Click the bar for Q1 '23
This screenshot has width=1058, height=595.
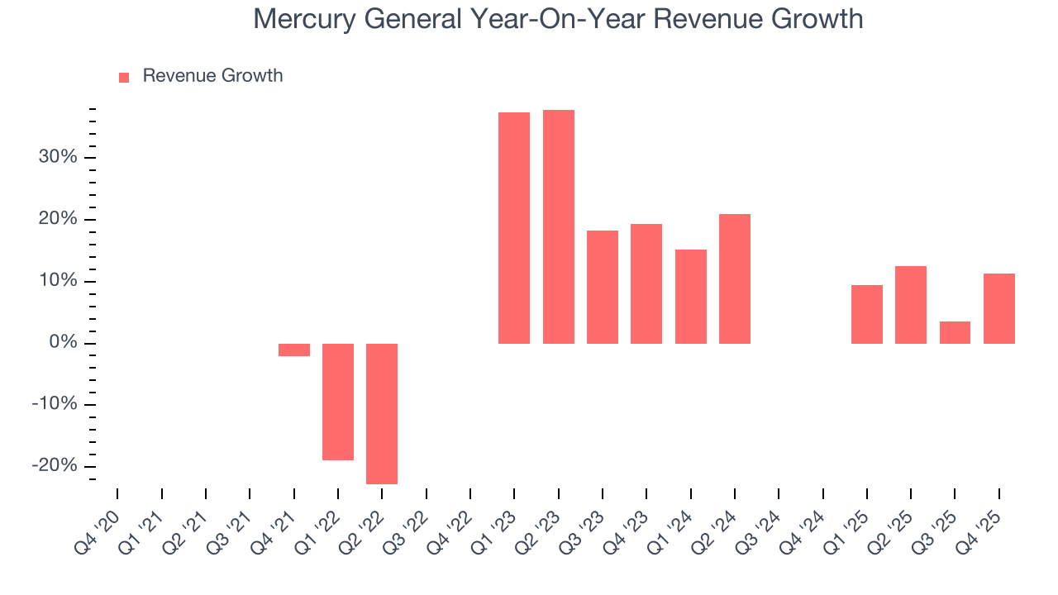(514, 227)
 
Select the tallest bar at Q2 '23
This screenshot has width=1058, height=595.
(558, 226)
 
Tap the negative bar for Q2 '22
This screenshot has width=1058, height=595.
(382, 413)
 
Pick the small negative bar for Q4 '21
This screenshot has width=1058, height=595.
(293, 350)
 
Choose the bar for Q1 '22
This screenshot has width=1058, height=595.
(338, 402)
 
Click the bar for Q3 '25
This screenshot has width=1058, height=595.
(955, 332)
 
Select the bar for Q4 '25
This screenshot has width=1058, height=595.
(998, 308)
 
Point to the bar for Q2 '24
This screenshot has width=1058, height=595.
(734, 278)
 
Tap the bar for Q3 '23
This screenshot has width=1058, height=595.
(603, 287)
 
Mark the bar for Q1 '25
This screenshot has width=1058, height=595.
(866, 314)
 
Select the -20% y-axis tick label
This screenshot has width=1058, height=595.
(55, 466)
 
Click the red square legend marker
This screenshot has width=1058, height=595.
(124, 77)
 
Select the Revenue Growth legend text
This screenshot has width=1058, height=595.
(212, 76)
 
